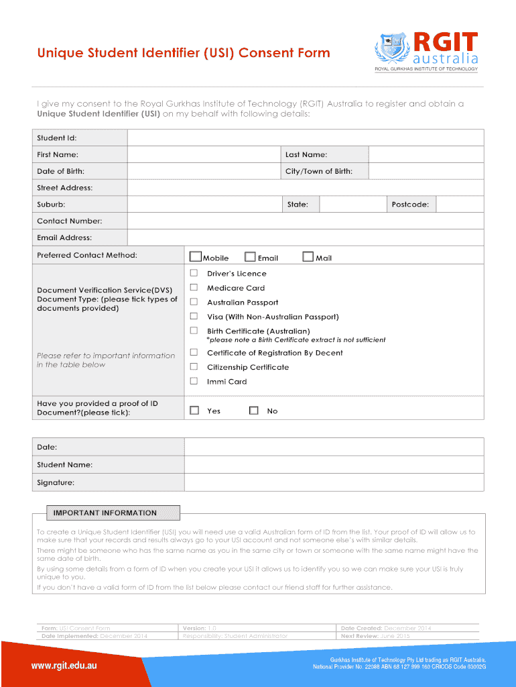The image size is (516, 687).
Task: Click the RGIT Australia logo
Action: [x=426, y=51]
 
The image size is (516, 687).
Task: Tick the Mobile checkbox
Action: [x=196, y=256]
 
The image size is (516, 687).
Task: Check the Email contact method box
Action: [x=250, y=256]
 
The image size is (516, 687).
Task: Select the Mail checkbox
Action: [x=308, y=256]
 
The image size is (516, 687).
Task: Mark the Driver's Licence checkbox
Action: [x=194, y=273]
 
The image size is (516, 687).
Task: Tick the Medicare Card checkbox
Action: [x=194, y=287]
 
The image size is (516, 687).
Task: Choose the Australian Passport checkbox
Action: [x=194, y=302]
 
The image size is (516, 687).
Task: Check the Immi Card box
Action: [x=194, y=381]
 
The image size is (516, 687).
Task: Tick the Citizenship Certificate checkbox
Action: [x=194, y=366]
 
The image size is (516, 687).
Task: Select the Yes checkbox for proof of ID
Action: [x=194, y=410]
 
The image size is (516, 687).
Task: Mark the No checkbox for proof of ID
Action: [x=253, y=410]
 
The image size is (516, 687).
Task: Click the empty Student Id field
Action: [x=305, y=138]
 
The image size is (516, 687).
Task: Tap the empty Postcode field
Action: [x=459, y=204]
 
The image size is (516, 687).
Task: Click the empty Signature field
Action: [x=333, y=482]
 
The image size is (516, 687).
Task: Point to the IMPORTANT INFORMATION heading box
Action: [x=106, y=513]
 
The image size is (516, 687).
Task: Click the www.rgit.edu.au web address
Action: [x=65, y=666]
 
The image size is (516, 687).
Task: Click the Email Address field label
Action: [x=64, y=237]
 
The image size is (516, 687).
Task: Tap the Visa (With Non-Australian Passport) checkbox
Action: [x=194, y=316]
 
